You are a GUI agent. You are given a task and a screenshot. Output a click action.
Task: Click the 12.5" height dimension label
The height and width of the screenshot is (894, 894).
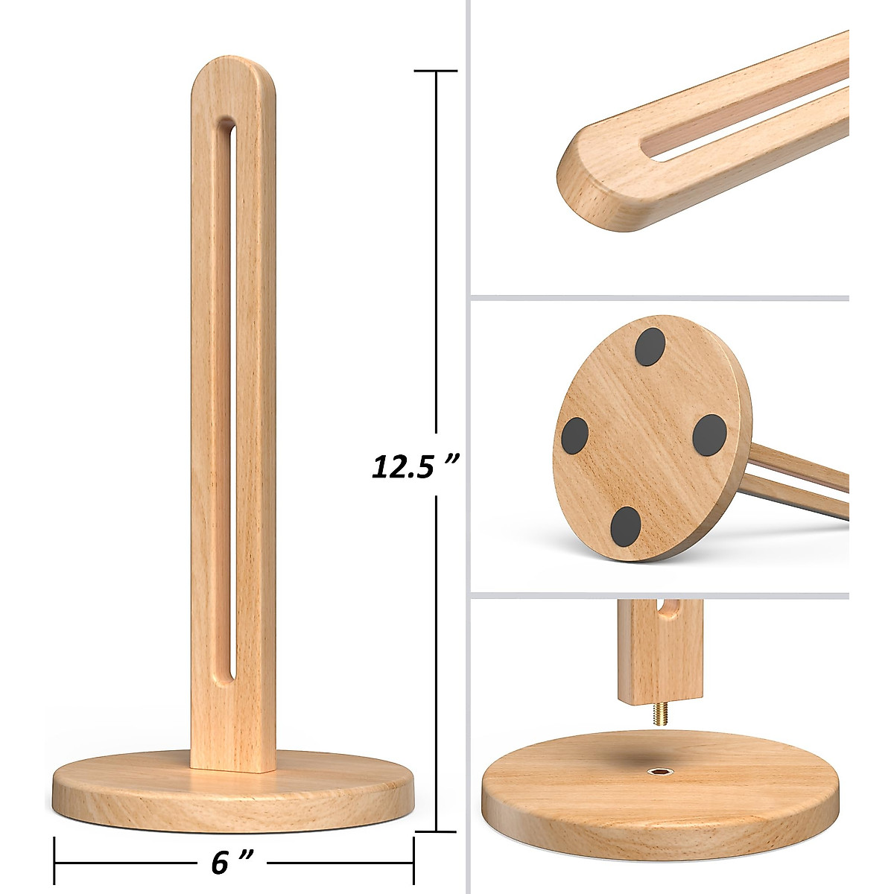click(414, 466)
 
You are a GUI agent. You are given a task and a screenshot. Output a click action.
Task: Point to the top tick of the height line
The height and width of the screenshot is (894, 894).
click(436, 71)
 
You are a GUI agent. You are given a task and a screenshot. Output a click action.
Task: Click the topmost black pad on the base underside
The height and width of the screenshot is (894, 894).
click(649, 347)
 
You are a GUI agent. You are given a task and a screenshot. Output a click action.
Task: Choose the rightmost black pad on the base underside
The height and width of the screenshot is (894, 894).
click(708, 433)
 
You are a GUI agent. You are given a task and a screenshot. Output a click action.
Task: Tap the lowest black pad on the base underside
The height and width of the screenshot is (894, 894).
click(625, 525)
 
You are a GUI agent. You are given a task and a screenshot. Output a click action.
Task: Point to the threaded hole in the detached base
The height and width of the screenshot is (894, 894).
click(659, 770)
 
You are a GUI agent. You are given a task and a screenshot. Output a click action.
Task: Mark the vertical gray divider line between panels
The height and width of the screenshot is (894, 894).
click(467, 447)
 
